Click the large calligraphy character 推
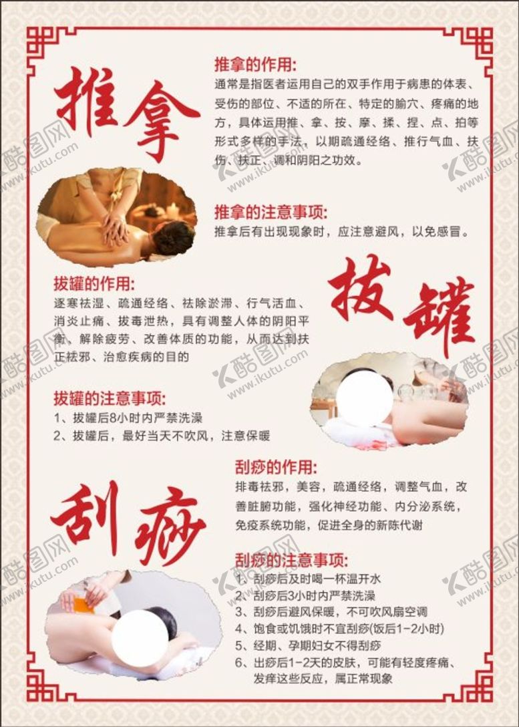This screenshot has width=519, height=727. point(85,102)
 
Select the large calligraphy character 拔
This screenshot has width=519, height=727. point(361,289)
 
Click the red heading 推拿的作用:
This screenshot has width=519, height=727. point(255,64)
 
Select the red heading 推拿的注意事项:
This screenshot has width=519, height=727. point(271,212)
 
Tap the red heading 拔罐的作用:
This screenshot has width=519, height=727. point(94,284)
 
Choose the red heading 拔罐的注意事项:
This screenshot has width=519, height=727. point(110,398)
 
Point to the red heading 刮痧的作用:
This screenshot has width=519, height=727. point(277,467)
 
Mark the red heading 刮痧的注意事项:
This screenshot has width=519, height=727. point(291,560)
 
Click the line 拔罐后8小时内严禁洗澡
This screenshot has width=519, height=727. point(128,418)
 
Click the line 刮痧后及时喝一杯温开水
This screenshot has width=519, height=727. point(308,579)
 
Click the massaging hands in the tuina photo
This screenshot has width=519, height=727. point(115,227)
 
